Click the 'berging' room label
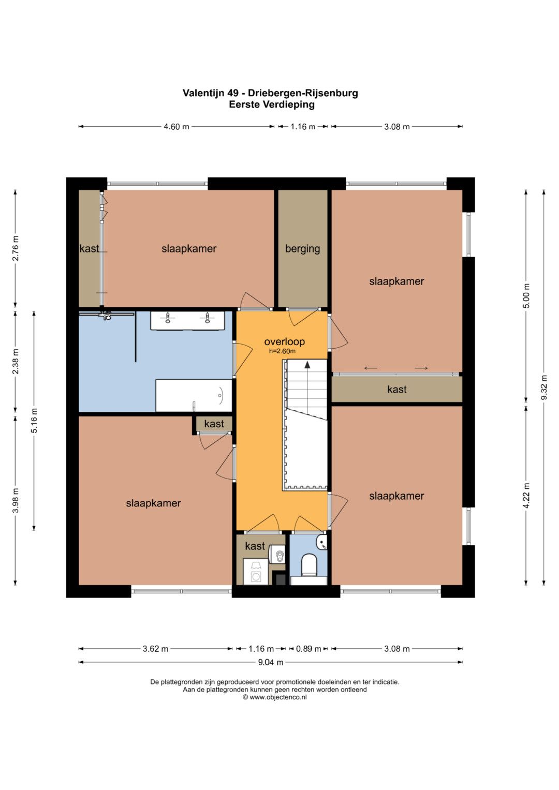[x=302, y=249]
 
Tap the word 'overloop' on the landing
[x=285, y=341]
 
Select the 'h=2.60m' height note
[x=282, y=351]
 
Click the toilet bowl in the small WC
[x=309, y=565]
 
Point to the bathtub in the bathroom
[x=194, y=395]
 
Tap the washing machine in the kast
[x=256, y=572]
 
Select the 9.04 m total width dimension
[x=270, y=662]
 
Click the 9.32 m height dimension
[x=544, y=387]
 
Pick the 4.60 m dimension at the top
[x=176, y=127]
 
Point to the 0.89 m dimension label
[x=308, y=649]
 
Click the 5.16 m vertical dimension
[x=34, y=421]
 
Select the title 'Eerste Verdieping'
[x=271, y=105]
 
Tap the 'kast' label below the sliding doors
[x=396, y=390]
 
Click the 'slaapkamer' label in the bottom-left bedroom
[x=153, y=503]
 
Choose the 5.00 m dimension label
[x=526, y=296]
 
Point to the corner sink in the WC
[x=322, y=542]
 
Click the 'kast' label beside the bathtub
[x=214, y=424]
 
